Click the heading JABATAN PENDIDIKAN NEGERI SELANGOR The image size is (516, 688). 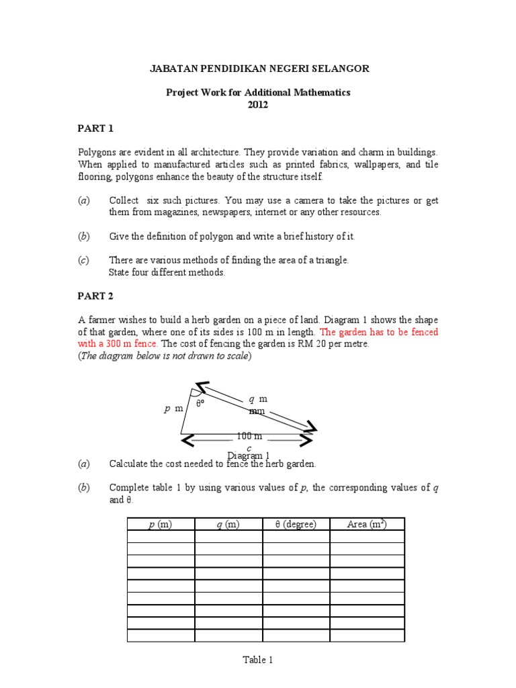click(259, 69)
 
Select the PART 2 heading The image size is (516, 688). click(96, 296)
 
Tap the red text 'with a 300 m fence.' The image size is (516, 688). click(118, 343)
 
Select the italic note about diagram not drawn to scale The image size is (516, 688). click(165, 356)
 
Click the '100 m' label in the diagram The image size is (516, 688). click(249, 436)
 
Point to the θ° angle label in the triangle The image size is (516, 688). click(200, 404)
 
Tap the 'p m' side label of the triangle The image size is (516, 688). click(173, 408)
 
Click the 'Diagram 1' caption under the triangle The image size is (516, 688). click(249, 456)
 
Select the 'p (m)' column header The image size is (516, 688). click(161, 524)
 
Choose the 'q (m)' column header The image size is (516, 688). click(228, 524)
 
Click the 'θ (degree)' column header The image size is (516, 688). click(296, 524)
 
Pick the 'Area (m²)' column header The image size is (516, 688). click(366, 524)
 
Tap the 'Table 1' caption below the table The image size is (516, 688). click(258, 660)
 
